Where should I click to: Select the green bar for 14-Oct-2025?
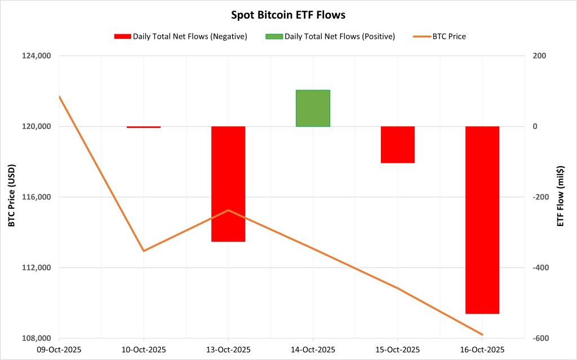pyautogui.click(x=313, y=108)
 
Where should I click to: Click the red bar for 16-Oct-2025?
pyautogui.click(x=482, y=220)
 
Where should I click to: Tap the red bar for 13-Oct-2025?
pyautogui.click(x=228, y=184)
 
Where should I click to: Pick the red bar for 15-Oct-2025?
pyautogui.click(x=397, y=144)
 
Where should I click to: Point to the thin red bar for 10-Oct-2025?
pyautogui.click(x=144, y=127)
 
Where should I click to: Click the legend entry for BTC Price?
pyautogui.click(x=449, y=37)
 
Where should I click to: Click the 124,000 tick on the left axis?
pyautogui.click(x=36, y=56)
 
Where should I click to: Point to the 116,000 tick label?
pyautogui.click(x=36, y=197)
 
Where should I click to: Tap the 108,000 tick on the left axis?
pyautogui.click(x=36, y=338)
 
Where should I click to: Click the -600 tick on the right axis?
pyautogui.click(x=538, y=338)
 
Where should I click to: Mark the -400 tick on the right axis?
pyautogui.click(x=538, y=268)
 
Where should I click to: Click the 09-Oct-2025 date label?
pyautogui.click(x=59, y=349)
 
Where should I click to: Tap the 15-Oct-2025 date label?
pyautogui.click(x=397, y=349)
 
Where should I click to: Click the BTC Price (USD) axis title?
pyautogui.click(x=11, y=195)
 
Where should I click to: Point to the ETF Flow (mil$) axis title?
pyautogui.click(x=560, y=197)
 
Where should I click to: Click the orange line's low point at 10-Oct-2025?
pyautogui.click(x=144, y=251)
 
